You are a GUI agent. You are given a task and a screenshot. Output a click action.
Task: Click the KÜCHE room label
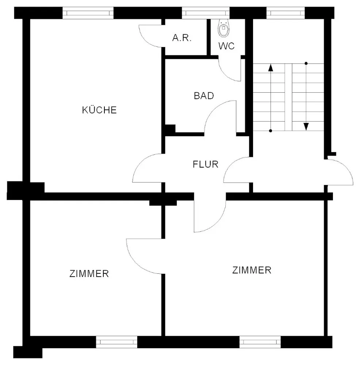click(x=99, y=110)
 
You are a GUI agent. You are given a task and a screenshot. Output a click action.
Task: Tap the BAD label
click(x=204, y=96)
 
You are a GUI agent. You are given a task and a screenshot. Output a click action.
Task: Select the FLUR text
click(x=206, y=164)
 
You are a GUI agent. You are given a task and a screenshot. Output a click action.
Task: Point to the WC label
click(x=226, y=46)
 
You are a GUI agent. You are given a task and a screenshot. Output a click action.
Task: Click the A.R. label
click(x=182, y=38)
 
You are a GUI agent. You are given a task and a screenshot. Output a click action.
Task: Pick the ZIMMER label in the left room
click(x=89, y=273)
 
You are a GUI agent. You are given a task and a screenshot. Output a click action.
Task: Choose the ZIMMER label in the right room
click(x=252, y=270)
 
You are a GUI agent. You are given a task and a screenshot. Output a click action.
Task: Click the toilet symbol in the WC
click(x=223, y=28)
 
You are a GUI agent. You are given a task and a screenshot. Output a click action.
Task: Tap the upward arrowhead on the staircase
click(x=271, y=68)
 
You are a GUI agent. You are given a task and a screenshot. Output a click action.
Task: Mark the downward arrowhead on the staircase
click(x=306, y=127)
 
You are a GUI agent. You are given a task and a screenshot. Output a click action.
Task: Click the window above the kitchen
click(x=88, y=13)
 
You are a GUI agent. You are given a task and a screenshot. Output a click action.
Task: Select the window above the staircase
click(x=286, y=13)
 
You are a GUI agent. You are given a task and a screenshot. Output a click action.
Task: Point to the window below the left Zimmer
click(x=117, y=342)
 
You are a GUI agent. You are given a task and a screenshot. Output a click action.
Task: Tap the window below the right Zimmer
click(x=260, y=342)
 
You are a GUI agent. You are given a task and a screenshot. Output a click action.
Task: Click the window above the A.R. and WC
click(x=206, y=13)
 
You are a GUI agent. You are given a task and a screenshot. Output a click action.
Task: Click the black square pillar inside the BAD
click(x=170, y=129)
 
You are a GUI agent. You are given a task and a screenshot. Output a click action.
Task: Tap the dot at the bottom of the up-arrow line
click(x=271, y=131)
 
